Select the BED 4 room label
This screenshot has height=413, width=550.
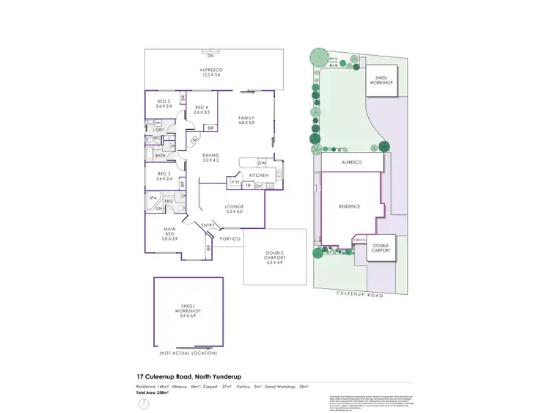[x=202, y=109]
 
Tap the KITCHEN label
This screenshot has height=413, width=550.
[x=259, y=175]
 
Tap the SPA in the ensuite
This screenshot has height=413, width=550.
[x=154, y=198]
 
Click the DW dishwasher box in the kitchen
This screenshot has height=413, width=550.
[x=261, y=162]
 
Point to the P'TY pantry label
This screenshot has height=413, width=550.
[x=235, y=182]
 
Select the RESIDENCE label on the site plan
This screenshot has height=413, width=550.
[x=349, y=207]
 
